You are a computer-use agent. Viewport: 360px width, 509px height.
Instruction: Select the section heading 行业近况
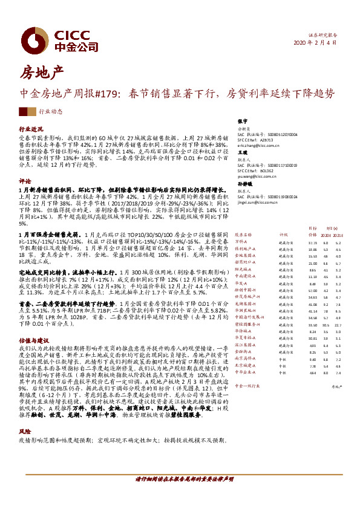coord(31,130)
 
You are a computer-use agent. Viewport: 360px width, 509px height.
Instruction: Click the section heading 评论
coord(25,181)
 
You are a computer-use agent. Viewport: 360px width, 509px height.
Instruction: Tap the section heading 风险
coord(25,432)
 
